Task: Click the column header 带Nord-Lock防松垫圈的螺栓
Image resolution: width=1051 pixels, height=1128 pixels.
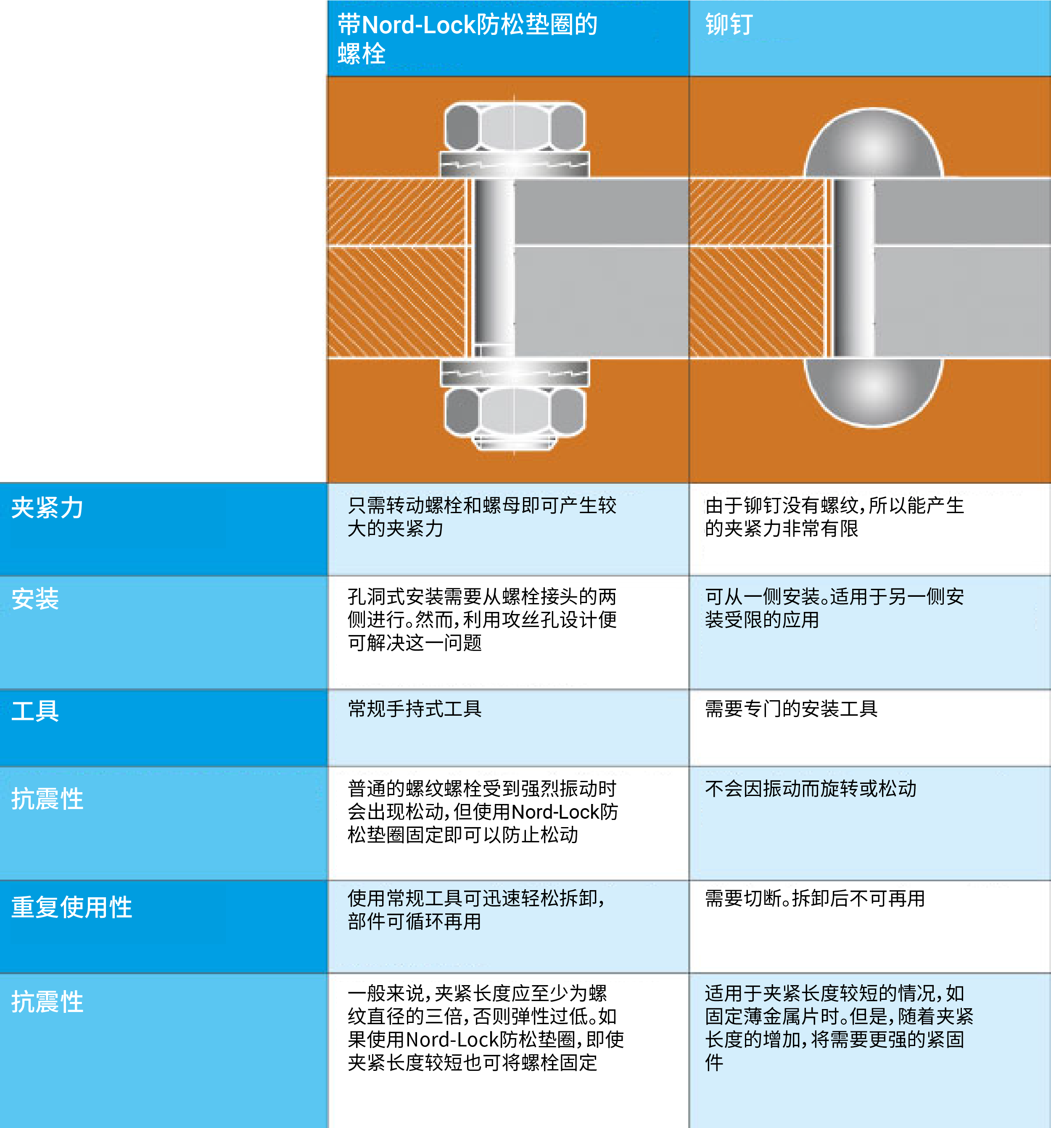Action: tap(467, 39)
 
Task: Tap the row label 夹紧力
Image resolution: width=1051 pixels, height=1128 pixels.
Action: tap(48, 507)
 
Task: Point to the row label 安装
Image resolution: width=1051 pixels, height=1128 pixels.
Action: tap(35, 598)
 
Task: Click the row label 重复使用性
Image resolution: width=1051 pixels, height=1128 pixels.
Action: tap(71, 907)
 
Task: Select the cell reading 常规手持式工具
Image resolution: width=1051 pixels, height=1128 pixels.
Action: tap(415, 709)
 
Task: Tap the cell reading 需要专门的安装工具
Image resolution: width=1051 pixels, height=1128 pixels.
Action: tap(791, 709)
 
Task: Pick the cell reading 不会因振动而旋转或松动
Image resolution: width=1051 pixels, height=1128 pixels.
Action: tap(811, 788)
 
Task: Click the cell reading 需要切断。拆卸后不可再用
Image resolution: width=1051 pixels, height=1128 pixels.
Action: tap(815, 898)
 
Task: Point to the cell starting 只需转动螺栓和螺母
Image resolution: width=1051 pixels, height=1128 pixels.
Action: tap(482, 517)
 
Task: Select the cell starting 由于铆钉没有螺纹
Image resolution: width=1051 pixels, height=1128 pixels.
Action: tap(834, 517)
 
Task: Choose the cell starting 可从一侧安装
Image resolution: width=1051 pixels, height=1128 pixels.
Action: tap(834, 608)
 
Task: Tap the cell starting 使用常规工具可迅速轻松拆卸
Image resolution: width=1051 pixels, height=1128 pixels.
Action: tap(476, 909)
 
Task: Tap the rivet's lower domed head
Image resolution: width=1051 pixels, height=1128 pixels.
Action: tap(873, 392)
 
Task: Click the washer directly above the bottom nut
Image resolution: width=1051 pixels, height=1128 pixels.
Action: tap(514, 373)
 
